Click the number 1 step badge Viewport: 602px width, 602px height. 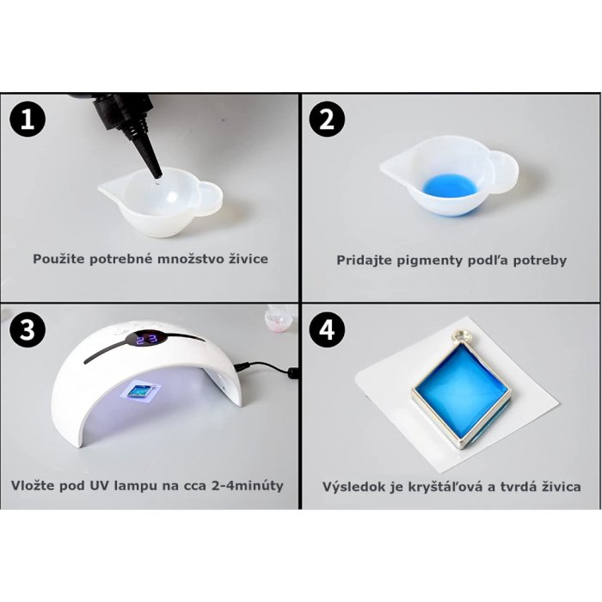[x=28, y=120]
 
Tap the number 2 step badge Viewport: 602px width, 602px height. [x=327, y=120]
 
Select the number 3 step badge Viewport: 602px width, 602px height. [x=28, y=329]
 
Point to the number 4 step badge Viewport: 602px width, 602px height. [x=327, y=329]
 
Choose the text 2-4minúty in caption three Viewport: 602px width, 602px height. [x=248, y=485]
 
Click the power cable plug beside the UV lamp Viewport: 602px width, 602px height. [x=293, y=372]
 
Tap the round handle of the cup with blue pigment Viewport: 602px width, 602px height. [x=504, y=170]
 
